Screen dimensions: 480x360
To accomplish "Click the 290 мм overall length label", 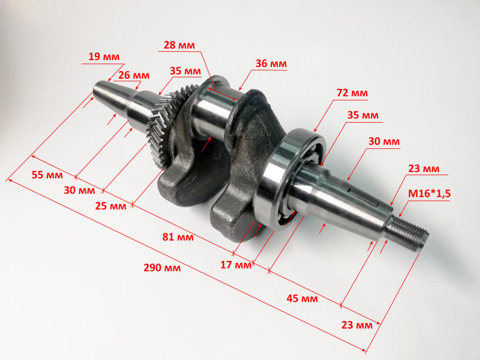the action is pyautogui.click(x=163, y=268).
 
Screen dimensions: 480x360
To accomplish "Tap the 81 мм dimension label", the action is pyautogui.click(x=178, y=237).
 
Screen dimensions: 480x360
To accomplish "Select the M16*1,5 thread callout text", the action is pyautogui.click(x=429, y=194).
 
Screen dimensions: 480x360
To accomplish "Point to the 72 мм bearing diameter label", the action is pyautogui.click(x=352, y=93).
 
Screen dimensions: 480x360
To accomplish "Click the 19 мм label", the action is pyautogui.click(x=104, y=56).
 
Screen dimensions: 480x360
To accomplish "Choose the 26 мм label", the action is pyautogui.click(x=134, y=75).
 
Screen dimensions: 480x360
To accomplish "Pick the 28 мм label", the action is pyautogui.click(x=179, y=45).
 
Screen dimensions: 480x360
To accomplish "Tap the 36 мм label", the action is pyautogui.click(x=271, y=63).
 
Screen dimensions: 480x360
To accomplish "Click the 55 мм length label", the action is pyautogui.click(x=47, y=175).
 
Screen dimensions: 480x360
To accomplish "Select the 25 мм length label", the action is pyautogui.click(x=111, y=206).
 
